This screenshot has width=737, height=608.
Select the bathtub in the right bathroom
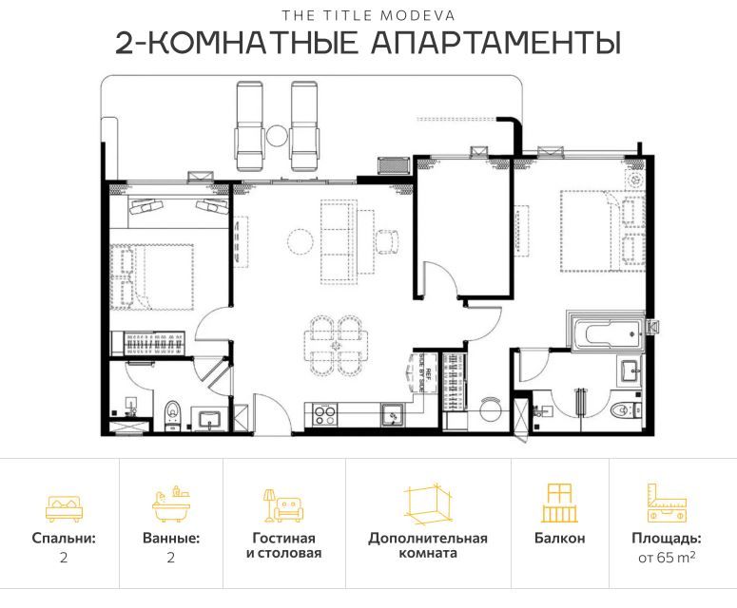tap(604, 333)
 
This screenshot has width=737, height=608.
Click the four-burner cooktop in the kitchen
tap(324, 415)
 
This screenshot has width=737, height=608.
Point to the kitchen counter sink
tap(391, 414)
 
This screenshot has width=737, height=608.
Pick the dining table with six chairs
tap(337, 348)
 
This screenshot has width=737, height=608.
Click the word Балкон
tap(559, 539)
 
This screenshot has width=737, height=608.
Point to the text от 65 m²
tap(666, 558)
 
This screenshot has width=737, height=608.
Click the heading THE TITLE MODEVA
tap(367, 15)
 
